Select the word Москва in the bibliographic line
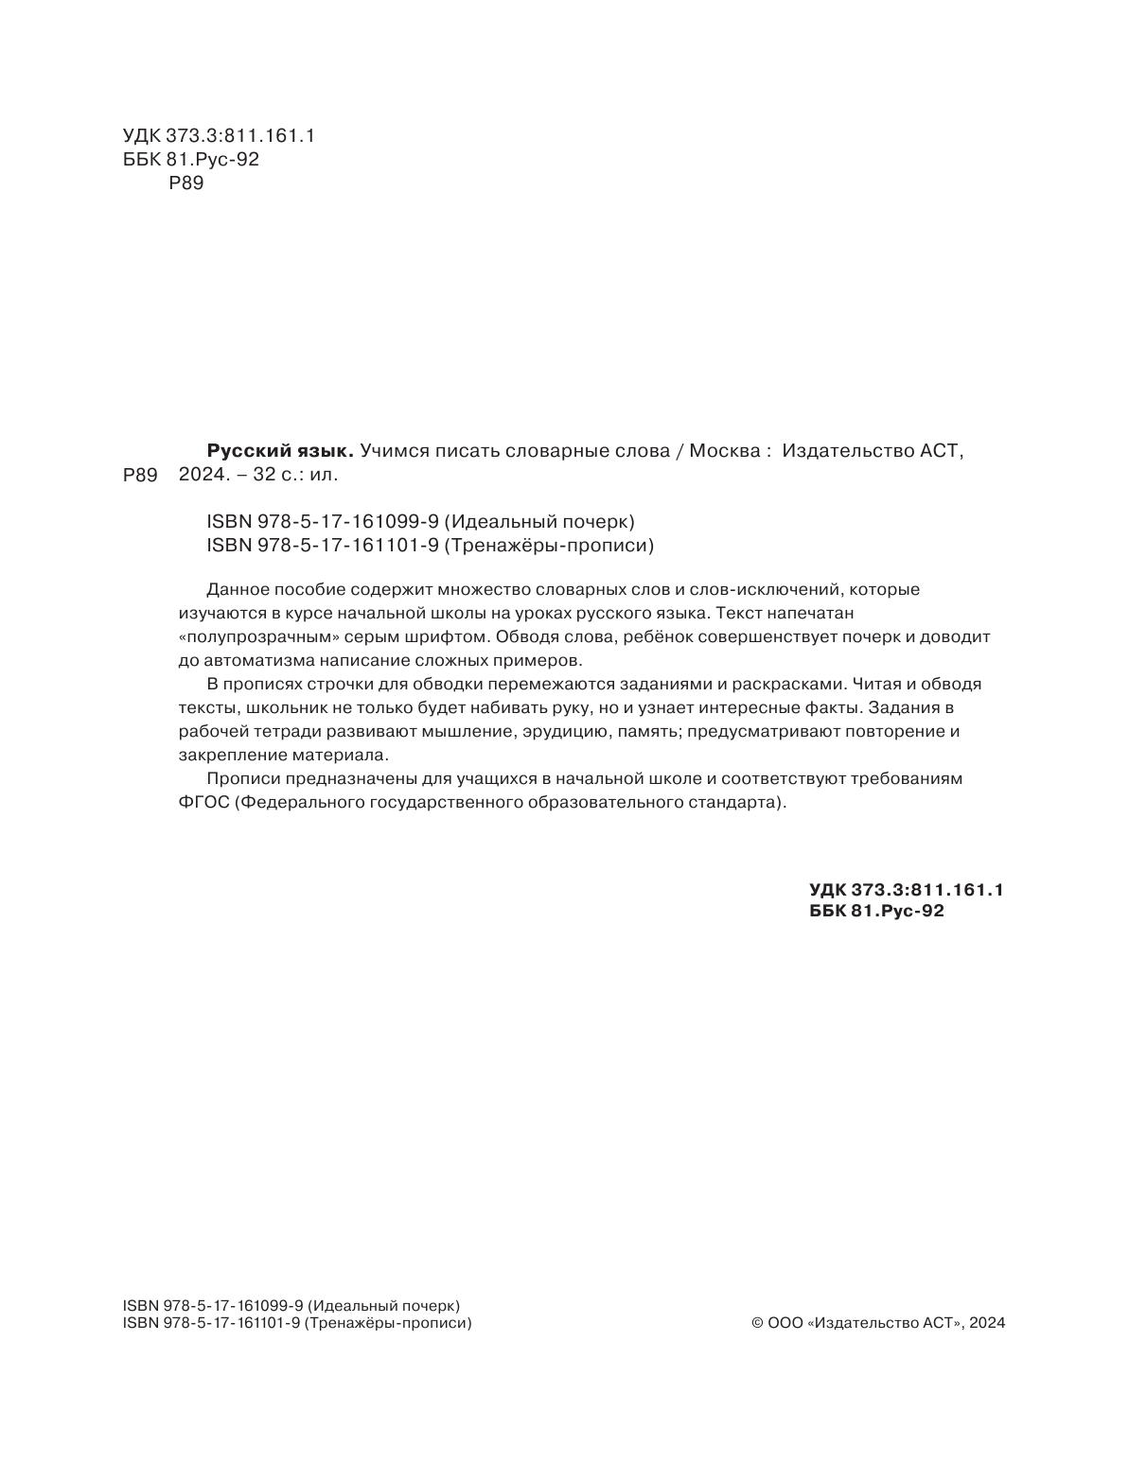point(724,451)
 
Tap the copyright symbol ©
point(757,1323)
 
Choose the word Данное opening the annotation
point(231,589)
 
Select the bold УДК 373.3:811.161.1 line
point(906,889)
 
